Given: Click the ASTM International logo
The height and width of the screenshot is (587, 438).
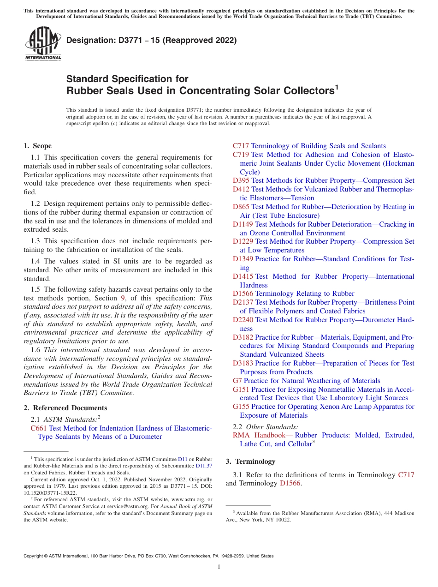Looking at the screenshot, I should [43, 43].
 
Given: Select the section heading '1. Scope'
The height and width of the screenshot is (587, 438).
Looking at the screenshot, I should [38, 146].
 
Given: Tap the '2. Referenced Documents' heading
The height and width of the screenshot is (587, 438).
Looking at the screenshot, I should [65, 408].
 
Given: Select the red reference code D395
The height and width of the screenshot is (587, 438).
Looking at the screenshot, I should [241, 181].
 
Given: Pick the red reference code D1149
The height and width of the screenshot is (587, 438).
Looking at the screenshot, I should [243, 224].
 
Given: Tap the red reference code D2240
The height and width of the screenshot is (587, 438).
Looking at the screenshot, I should [243, 320].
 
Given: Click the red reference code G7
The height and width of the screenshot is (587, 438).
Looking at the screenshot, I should [237, 381].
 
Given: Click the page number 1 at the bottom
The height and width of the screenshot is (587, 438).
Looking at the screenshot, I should [219, 567].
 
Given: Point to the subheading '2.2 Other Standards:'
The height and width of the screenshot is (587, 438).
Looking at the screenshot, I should [266, 427].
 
